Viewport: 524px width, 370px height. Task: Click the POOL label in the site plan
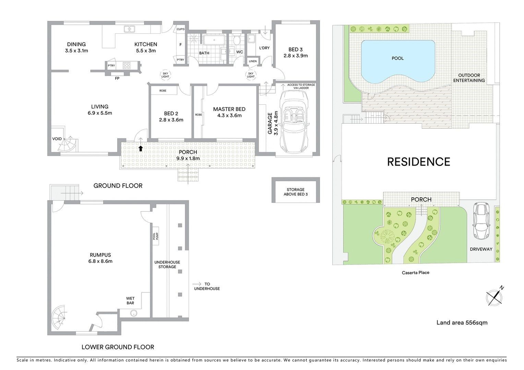tap(397, 58)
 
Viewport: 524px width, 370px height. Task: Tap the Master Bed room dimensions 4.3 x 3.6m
tap(229, 115)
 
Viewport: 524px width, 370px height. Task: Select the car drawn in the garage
tap(295, 122)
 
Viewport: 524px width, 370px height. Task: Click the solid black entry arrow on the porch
tap(141, 148)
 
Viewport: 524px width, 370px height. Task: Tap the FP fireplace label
tap(117, 78)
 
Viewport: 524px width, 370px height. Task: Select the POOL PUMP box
tap(156, 236)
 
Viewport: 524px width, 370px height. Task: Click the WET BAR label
tap(130, 300)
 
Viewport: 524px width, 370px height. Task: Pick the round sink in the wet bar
tap(134, 313)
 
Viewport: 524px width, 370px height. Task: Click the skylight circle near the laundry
tap(251, 75)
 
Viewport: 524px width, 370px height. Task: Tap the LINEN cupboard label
tap(253, 61)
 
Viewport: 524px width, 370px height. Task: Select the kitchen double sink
tap(129, 29)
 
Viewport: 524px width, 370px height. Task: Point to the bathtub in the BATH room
tap(214, 40)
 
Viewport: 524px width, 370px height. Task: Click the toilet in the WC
tap(237, 40)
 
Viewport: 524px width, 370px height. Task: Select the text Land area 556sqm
tap(462, 323)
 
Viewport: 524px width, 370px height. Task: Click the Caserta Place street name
tap(416, 273)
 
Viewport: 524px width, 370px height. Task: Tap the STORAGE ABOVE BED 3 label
tap(296, 192)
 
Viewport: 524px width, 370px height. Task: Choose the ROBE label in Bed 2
tap(163, 91)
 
